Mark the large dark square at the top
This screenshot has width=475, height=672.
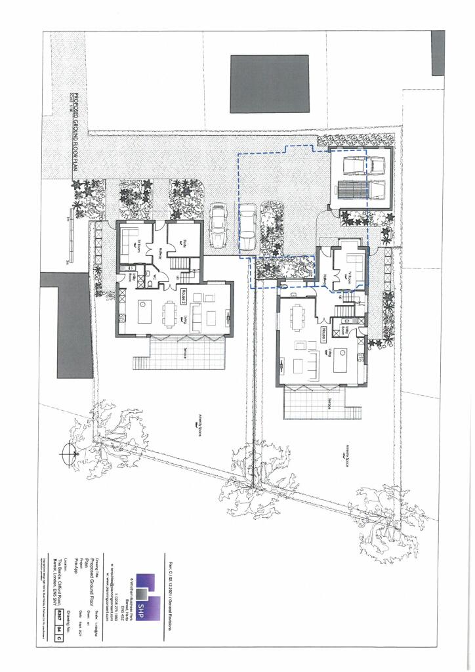[x=269, y=83]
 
